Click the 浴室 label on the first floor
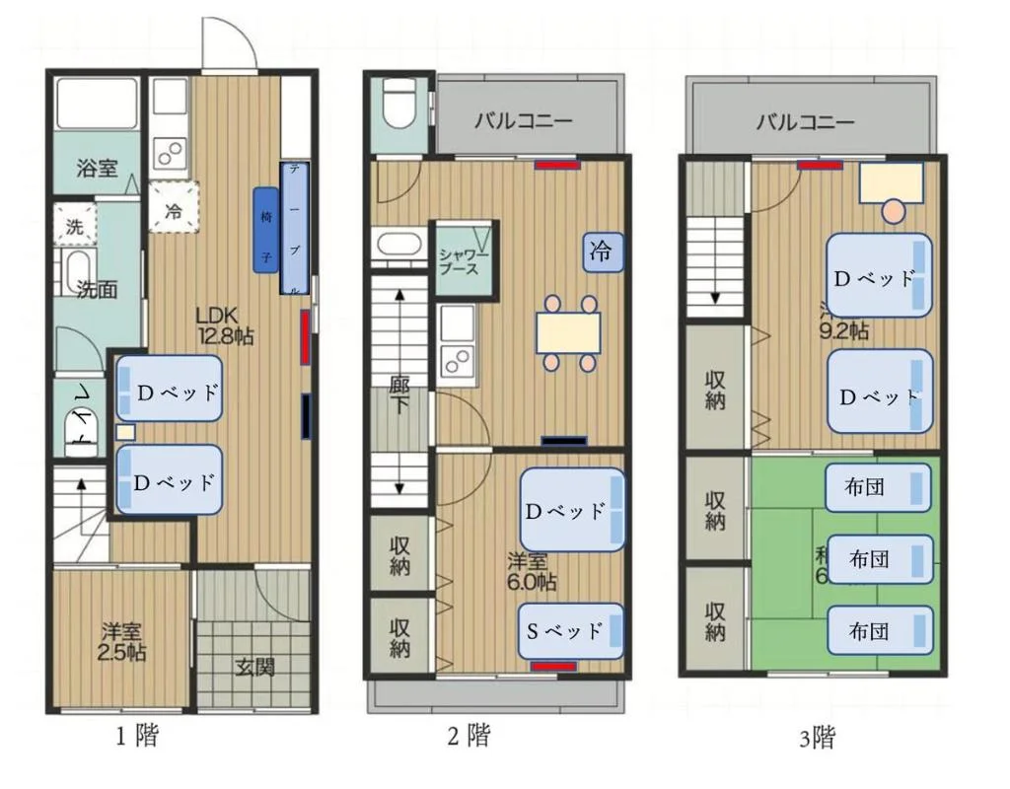click(98, 168)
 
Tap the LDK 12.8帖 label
click(225, 325)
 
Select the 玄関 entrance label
click(254, 667)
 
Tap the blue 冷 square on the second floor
click(600, 251)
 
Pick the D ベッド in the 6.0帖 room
click(573, 510)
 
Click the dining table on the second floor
click(568, 332)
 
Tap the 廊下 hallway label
click(398, 394)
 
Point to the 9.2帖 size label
click(844, 331)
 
